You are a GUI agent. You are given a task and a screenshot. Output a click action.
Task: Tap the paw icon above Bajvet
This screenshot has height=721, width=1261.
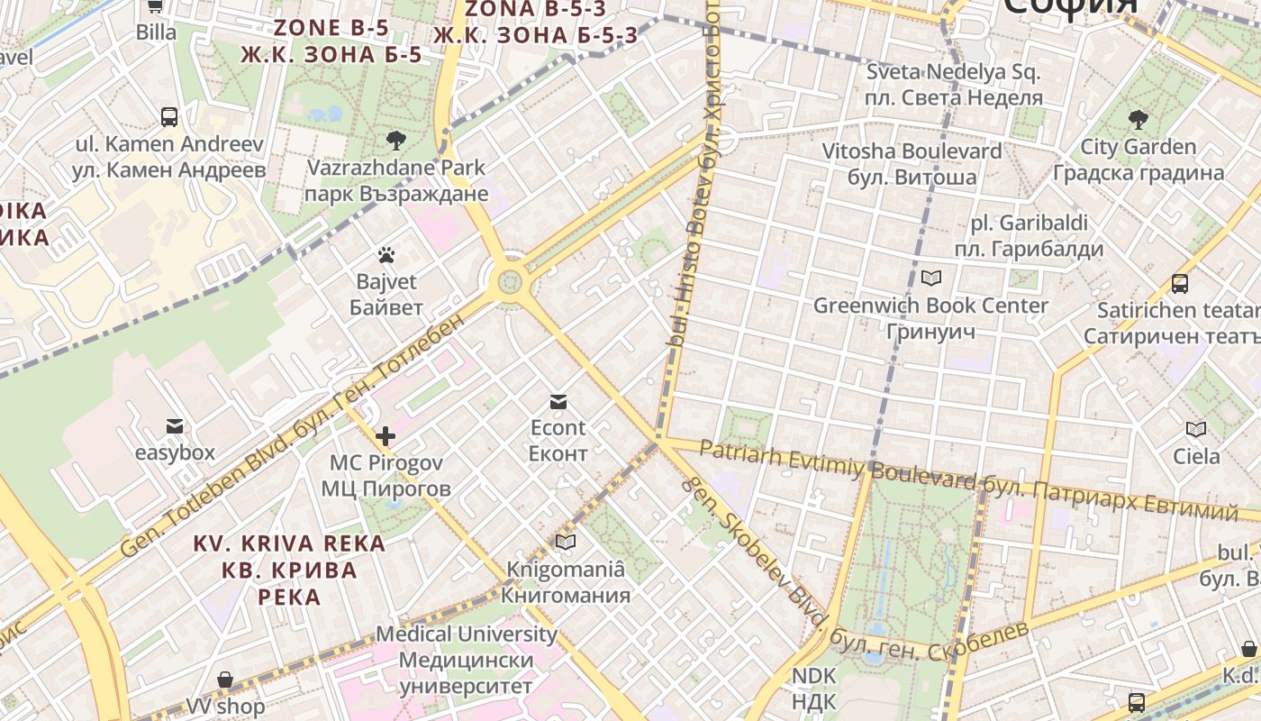pyautogui.click(x=386, y=256)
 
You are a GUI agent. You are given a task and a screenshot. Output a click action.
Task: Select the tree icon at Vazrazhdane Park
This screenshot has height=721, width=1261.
pyautogui.click(x=395, y=140)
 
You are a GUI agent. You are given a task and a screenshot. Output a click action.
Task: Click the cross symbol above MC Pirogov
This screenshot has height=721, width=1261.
pyautogui.click(x=386, y=437)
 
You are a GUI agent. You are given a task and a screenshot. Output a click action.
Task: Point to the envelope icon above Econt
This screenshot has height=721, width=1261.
pyautogui.click(x=558, y=401)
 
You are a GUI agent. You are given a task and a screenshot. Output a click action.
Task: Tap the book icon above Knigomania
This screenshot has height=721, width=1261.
pyautogui.click(x=566, y=542)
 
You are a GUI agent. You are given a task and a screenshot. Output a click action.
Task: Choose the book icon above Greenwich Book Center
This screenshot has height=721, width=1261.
pyautogui.click(x=930, y=278)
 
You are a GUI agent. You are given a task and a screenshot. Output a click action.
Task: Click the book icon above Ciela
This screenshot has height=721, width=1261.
pyautogui.click(x=1196, y=430)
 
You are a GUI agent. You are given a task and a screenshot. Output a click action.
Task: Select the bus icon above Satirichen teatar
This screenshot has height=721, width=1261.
pyautogui.click(x=1180, y=284)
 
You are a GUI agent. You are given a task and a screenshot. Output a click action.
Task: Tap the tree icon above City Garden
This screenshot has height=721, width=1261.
pyautogui.click(x=1139, y=119)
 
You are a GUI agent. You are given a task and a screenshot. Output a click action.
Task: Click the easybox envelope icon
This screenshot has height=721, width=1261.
pyautogui.click(x=175, y=426)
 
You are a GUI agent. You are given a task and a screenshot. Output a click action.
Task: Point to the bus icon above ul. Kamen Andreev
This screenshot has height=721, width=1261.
pyautogui.click(x=169, y=116)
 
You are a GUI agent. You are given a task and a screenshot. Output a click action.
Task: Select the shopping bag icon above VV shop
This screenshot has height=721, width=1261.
pyautogui.click(x=225, y=680)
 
